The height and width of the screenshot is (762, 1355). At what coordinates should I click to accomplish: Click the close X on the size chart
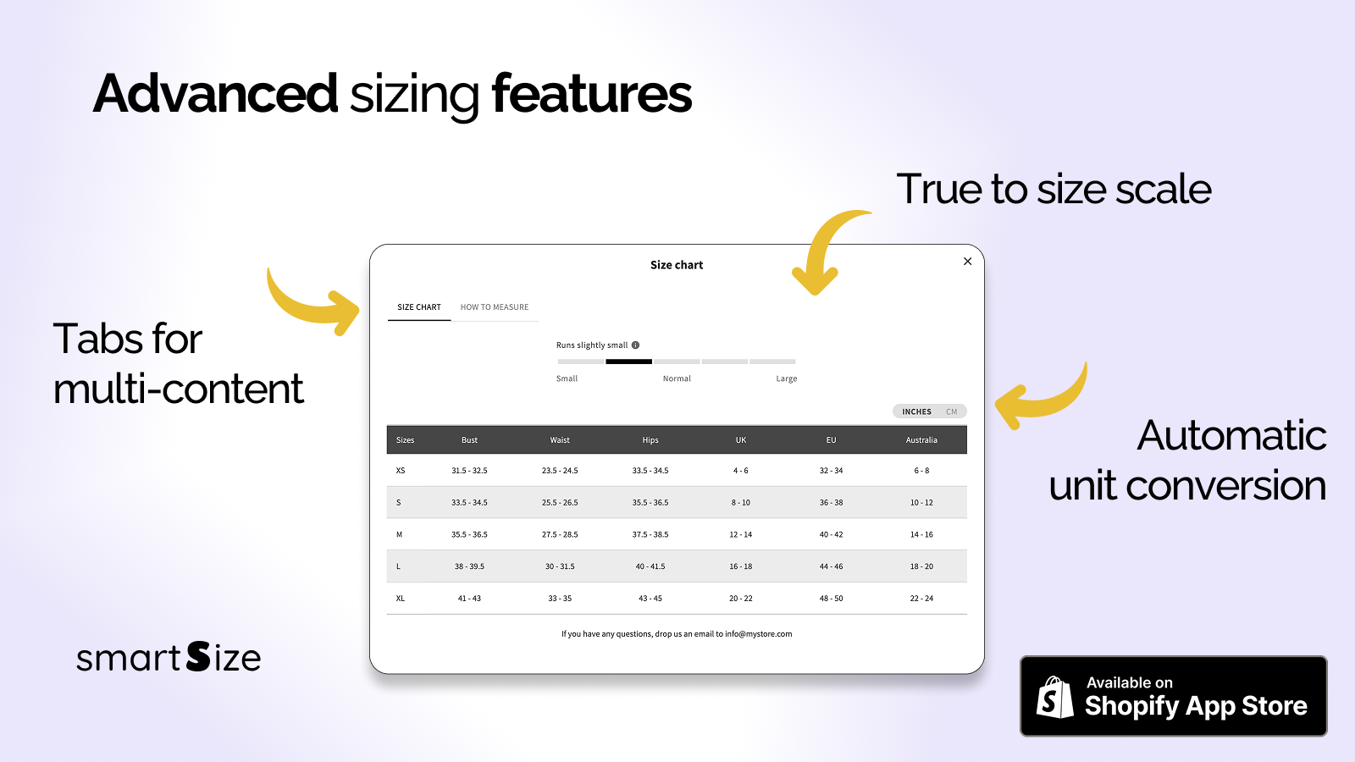pos(967,262)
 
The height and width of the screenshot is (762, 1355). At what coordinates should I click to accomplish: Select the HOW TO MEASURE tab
pos(495,307)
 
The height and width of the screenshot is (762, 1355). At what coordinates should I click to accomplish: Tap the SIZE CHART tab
pos(419,307)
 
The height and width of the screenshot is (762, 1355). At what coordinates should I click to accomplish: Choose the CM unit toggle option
pos(952,411)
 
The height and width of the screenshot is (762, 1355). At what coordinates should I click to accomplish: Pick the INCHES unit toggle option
pos(916,411)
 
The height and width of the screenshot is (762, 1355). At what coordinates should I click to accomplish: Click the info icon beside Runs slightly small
pos(635,345)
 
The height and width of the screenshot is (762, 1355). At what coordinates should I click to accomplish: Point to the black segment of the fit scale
pos(628,362)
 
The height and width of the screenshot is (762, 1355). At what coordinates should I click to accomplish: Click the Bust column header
pos(469,440)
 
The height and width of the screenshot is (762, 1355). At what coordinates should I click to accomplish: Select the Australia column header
pos(921,440)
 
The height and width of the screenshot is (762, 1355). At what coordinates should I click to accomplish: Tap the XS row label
pos(401,471)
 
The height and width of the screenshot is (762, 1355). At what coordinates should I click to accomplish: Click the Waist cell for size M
pos(560,534)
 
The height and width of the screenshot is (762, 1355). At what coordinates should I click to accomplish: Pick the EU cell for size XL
pos(831,599)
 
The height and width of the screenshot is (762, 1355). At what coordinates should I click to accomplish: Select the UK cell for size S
pos(740,503)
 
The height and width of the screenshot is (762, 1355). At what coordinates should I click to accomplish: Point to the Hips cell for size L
pos(650,566)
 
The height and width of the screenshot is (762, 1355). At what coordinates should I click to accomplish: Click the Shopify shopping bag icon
pos(1054,698)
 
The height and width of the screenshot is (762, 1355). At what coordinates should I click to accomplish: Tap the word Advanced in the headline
pos(215,94)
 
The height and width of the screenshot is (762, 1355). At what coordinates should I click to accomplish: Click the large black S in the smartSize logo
pos(198,657)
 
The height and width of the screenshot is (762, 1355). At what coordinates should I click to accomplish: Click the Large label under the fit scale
pos(787,378)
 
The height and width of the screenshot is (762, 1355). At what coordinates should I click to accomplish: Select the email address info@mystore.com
pos(759,634)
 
